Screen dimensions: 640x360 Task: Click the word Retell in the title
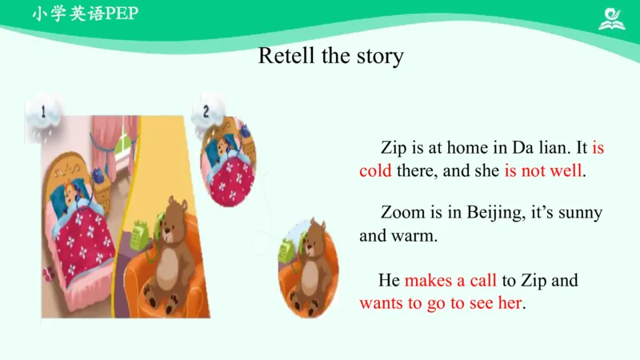[x=287, y=55]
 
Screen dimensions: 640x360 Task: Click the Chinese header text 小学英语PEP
[x=86, y=14]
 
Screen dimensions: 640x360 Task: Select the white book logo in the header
[x=611, y=18]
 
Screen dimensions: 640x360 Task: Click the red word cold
[x=375, y=170]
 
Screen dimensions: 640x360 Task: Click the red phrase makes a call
[x=450, y=281]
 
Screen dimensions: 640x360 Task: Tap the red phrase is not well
[x=543, y=170]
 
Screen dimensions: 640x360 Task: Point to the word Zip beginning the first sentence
[x=394, y=149]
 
